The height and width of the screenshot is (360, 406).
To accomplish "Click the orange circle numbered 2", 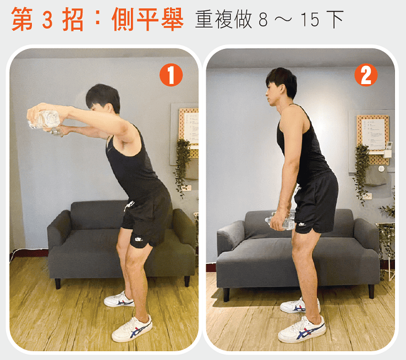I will [x=366, y=75].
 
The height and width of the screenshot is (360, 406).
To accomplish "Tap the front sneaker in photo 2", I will [x=301, y=329].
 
